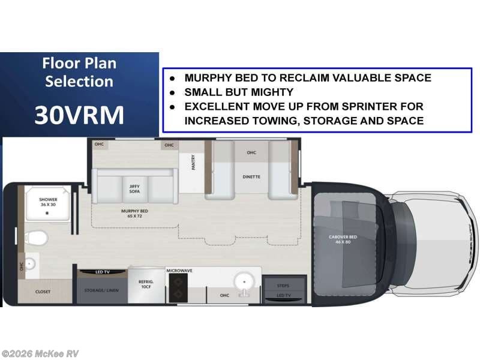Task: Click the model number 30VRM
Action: (x=79, y=115)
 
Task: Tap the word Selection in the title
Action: (x=79, y=82)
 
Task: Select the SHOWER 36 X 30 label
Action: (x=48, y=202)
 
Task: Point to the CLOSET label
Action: (x=43, y=292)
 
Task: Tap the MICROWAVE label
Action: (x=179, y=271)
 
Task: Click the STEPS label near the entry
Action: (x=284, y=286)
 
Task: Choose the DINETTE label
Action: (x=251, y=177)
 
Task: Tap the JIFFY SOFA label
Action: (x=134, y=188)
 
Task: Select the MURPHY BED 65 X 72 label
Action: (x=134, y=213)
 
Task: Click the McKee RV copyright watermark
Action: (x=40, y=353)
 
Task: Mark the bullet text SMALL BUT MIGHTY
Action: (x=239, y=92)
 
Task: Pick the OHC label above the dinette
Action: (x=251, y=152)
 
